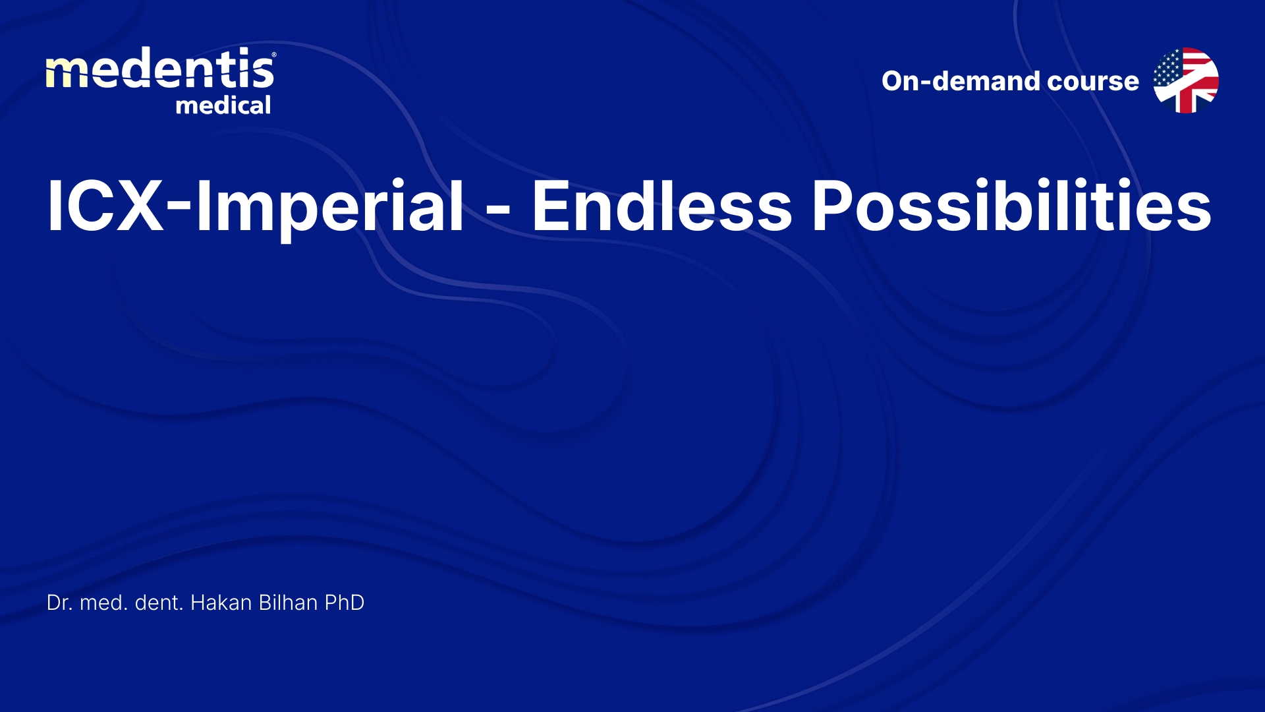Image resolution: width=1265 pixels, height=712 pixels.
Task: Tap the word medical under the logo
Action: click(223, 105)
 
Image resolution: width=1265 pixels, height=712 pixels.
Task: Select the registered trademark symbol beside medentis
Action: click(274, 55)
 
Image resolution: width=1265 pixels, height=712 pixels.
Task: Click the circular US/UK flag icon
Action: click(1186, 80)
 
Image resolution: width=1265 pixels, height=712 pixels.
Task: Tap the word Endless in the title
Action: click(662, 206)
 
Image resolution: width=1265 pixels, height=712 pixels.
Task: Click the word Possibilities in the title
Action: click(1011, 206)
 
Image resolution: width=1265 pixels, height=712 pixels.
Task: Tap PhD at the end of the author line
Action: click(345, 603)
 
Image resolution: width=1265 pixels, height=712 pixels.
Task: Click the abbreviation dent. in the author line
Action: click(159, 603)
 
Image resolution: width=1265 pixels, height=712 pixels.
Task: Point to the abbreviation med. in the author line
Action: click(104, 603)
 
